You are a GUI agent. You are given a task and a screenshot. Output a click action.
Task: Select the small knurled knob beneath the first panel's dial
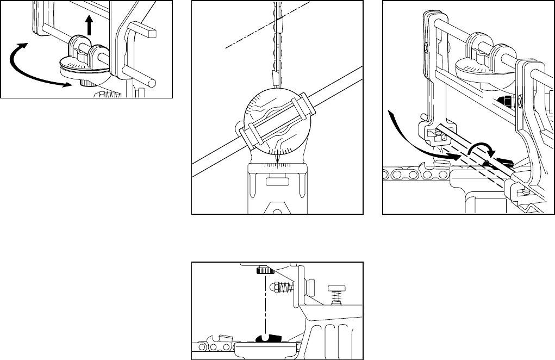87,83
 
